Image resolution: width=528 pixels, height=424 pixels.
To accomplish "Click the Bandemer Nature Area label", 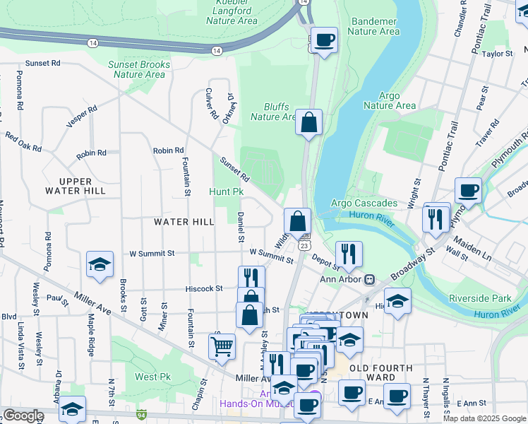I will (x=373, y=26).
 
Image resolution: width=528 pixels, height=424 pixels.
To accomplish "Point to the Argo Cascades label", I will (x=364, y=204).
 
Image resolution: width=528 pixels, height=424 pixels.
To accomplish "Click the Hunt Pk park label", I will (x=226, y=192).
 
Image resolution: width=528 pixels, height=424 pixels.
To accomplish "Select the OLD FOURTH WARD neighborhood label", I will (x=380, y=372).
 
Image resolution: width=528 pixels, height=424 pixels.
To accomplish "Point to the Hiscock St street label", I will (x=204, y=288).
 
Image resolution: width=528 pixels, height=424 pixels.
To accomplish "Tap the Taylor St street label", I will (x=498, y=54).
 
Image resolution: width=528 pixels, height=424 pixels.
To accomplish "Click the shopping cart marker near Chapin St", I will (x=222, y=347).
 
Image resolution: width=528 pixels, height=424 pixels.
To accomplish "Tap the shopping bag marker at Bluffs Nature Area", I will (x=308, y=123).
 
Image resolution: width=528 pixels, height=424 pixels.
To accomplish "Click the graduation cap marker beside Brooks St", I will (x=100, y=265).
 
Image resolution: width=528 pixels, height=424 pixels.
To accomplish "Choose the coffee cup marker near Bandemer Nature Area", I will (x=325, y=40).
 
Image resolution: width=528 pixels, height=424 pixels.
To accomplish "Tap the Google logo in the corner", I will (x=23, y=416).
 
